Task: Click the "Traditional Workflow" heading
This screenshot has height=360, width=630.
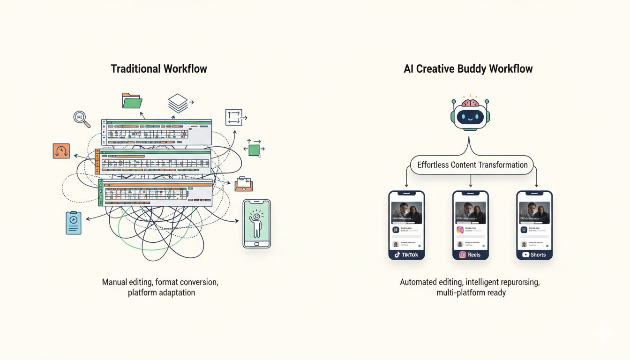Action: click(158, 69)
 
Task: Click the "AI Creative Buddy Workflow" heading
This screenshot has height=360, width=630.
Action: click(468, 69)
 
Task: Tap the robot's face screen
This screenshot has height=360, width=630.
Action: click(470, 117)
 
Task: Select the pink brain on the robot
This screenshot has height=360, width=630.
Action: click(470, 102)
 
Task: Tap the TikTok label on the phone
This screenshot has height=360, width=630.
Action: click(406, 255)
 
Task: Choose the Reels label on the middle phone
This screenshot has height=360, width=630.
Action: click(470, 255)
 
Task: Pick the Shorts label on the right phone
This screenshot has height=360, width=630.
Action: click(534, 255)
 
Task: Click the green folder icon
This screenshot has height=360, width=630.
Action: click(132, 101)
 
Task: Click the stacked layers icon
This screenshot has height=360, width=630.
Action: click(178, 103)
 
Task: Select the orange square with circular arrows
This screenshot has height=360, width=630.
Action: click(61, 151)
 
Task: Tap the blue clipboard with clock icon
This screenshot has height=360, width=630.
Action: click(74, 223)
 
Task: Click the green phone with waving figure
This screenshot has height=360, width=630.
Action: click(256, 224)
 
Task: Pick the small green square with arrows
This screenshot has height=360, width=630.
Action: click(254, 150)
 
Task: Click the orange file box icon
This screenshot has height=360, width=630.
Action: click(243, 184)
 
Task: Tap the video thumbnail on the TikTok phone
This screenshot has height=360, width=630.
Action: click(406, 212)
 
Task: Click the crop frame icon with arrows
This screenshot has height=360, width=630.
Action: click(234, 117)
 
